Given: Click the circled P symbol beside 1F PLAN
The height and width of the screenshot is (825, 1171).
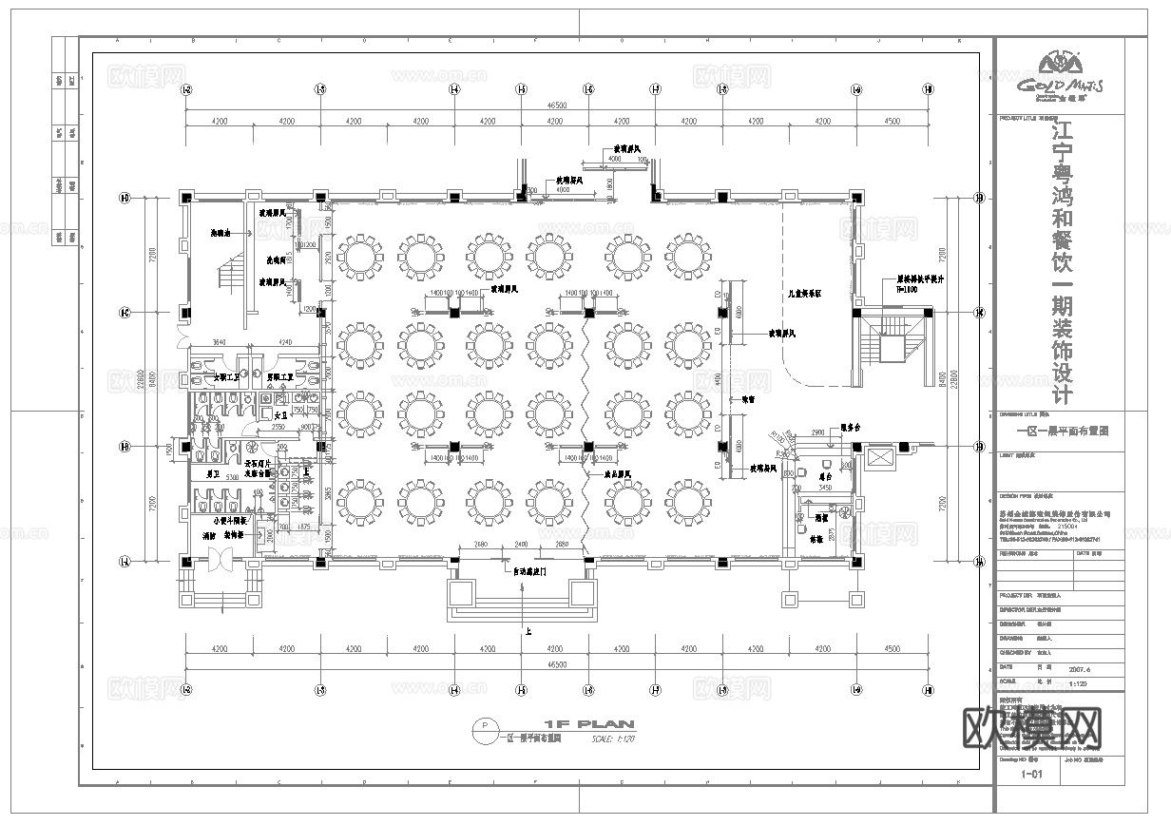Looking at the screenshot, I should click(486, 727).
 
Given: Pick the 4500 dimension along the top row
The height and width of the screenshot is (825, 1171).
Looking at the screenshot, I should click(892, 122).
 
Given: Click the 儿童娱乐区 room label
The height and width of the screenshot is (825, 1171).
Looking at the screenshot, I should click(803, 296).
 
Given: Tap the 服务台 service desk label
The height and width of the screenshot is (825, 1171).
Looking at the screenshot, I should click(850, 428).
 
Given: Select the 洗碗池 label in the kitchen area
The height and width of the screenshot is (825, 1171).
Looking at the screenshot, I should click(221, 233).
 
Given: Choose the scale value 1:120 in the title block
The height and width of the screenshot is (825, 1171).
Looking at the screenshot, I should click(1080, 683).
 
